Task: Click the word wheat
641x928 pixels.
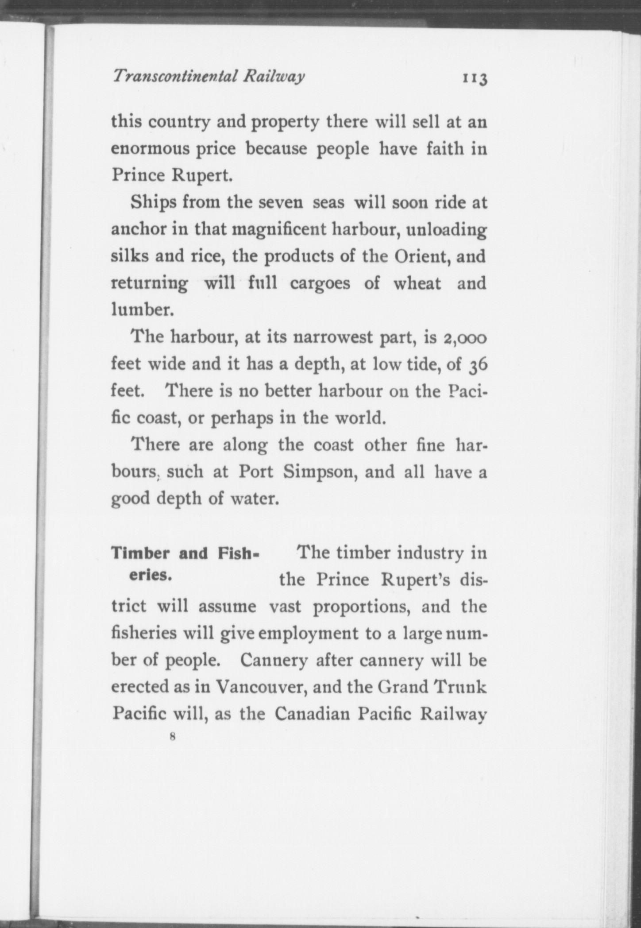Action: tap(417, 283)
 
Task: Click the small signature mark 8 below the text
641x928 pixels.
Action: tap(173, 737)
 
